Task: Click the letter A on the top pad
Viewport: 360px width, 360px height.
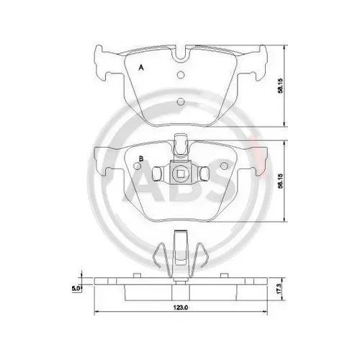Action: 141,68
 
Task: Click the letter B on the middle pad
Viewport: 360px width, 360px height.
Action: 141,158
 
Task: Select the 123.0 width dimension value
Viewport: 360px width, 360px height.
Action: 181,307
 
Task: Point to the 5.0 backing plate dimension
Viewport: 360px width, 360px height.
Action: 76,288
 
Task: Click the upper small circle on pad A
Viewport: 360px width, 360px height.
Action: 181,75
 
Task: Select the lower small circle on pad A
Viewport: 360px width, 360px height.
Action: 181,102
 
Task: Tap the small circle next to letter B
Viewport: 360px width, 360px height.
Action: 138,166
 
